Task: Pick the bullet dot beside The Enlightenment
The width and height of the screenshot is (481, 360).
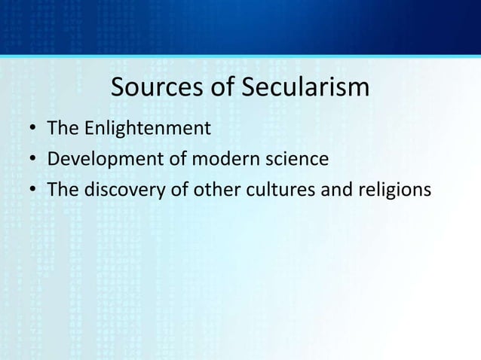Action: point(33,129)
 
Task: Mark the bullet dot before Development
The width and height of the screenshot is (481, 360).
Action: point(33,160)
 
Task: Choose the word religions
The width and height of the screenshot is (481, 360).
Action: point(392,191)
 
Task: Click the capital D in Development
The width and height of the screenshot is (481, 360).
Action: point(53,159)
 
